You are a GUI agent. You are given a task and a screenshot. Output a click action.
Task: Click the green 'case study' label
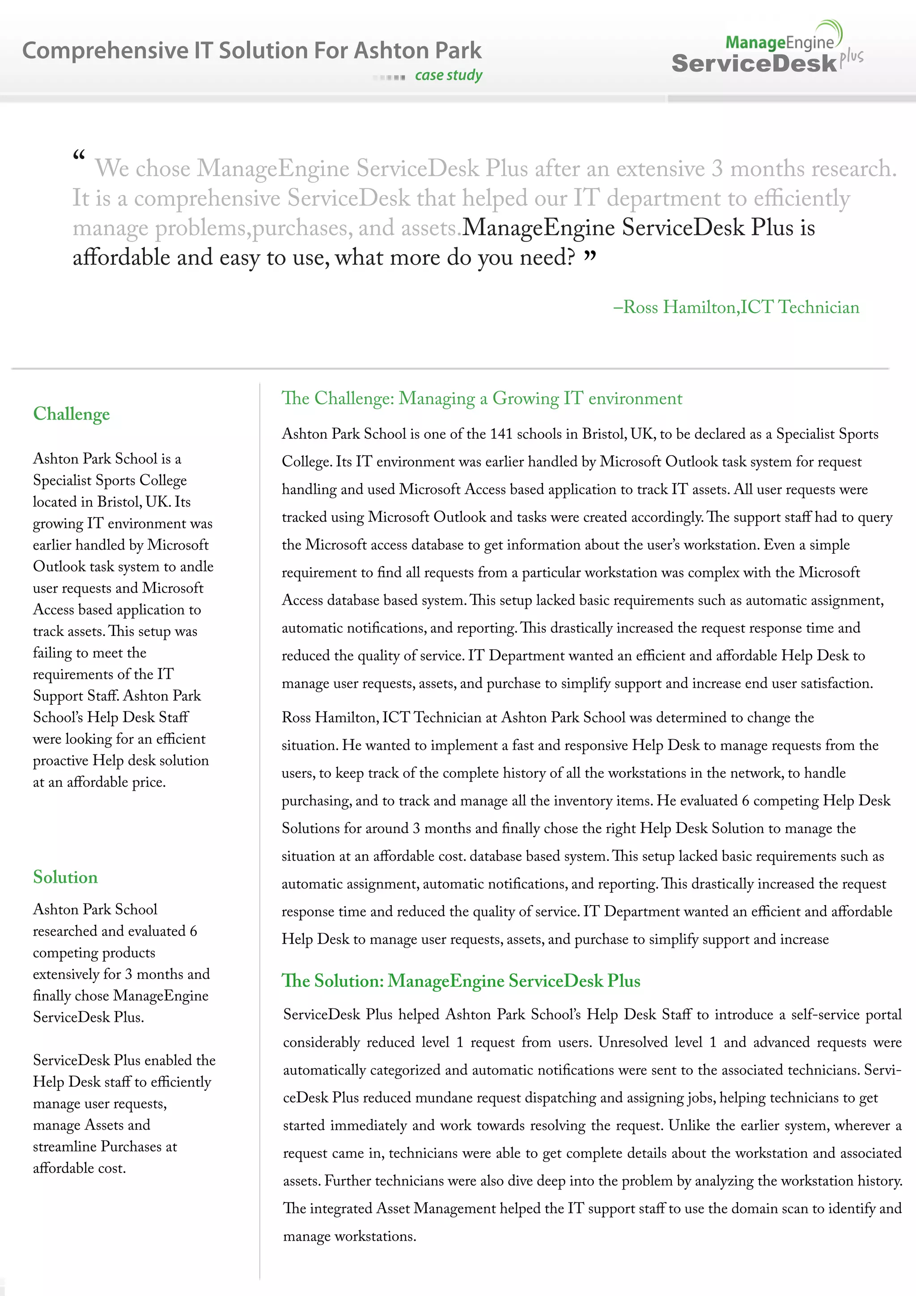tap(449, 75)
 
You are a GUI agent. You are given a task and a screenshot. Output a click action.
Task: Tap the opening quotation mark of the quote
tap(79, 156)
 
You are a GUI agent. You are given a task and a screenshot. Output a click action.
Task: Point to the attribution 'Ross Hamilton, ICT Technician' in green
tap(737, 307)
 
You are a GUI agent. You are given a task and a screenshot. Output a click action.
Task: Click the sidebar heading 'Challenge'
tap(72, 414)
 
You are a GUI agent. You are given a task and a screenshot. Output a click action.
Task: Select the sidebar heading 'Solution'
tap(65, 877)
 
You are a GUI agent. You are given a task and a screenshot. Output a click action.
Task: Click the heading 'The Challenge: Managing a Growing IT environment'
tap(481, 398)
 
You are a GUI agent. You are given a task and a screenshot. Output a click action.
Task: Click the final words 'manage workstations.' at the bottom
tap(349, 1236)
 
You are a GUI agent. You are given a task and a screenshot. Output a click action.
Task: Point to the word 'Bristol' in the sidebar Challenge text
tap(119, 502)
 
